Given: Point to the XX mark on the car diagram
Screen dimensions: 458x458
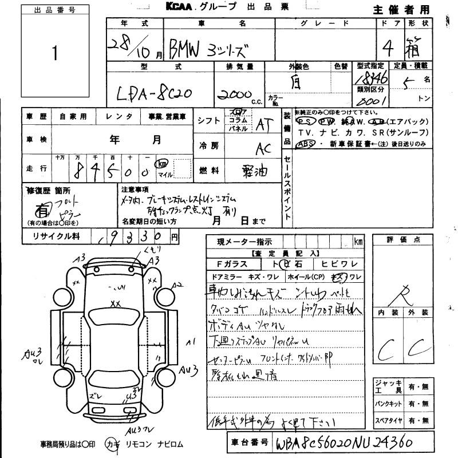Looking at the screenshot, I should (x=116, y=303).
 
